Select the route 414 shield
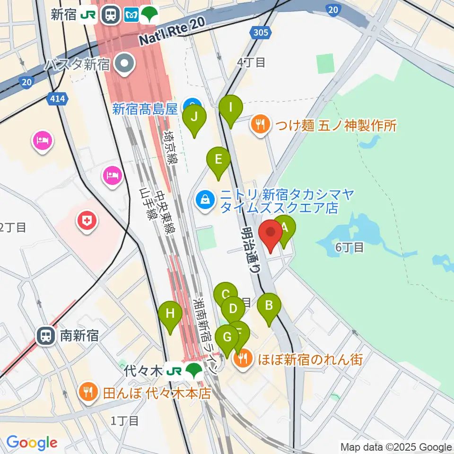pos(58,100)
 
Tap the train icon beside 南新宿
pos(46,336)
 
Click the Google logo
pos(32,443)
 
